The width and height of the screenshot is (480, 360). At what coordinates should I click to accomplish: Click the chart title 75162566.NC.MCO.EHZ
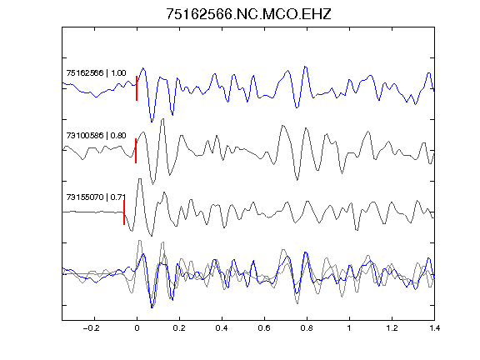248,14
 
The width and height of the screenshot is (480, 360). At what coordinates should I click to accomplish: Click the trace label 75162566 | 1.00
96,73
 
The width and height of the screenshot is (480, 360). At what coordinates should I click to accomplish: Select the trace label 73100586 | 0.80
96,135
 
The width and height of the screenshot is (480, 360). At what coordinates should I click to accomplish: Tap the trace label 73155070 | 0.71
96,197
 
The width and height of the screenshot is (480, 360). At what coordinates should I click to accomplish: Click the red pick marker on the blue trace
137,88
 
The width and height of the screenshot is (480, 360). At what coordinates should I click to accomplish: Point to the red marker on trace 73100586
136,151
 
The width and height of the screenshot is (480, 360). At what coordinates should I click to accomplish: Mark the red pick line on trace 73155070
124,212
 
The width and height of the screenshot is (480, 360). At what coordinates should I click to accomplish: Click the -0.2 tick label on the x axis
92,328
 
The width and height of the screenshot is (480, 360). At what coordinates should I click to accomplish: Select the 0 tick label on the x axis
137,328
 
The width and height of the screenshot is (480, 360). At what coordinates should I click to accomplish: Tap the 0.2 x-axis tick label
179,328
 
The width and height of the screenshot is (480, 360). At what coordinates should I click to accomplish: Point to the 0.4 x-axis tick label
222,328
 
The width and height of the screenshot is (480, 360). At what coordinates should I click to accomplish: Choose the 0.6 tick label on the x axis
264,328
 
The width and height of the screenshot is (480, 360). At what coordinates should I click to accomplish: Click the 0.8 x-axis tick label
307,328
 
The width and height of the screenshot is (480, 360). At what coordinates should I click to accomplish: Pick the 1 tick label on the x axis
349,328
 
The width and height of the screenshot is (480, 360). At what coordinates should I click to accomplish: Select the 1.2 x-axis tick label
392,328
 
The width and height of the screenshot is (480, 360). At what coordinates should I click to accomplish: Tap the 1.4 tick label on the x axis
434,328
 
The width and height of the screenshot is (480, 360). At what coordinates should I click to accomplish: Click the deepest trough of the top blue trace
152,122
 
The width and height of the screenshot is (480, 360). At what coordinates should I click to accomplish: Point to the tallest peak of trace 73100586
162,119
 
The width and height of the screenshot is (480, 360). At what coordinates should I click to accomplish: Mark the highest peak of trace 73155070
140,179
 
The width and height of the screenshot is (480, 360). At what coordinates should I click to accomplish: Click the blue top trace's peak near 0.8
305,67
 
